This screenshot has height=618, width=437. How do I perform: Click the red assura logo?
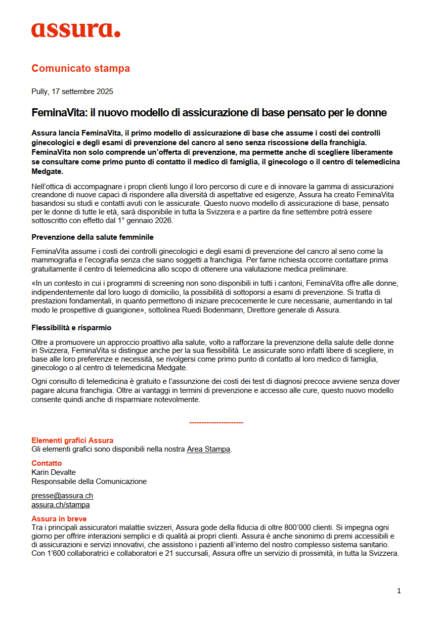pos(76,30)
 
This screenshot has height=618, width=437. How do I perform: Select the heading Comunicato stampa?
pos(80,68)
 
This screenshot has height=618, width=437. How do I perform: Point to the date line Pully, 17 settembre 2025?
pos(72,92)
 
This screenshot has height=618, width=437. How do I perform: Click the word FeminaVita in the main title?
pos(55,113)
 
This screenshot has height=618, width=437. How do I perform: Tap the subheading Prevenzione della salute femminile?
pos(93,237)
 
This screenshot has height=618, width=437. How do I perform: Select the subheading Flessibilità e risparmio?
pos(71,328)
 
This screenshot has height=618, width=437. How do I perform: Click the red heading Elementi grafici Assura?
pos(72,440)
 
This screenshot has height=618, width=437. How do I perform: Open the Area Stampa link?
pos(208,449)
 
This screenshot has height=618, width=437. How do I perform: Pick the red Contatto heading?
pos(47,463)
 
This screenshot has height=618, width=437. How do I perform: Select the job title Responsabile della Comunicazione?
pos(89,481)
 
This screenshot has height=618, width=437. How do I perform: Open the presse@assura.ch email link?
pos(62,496)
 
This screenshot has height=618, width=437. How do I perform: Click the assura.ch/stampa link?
pos(61,505)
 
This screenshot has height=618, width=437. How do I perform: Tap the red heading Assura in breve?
pos(59,519)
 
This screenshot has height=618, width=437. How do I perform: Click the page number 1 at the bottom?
pos(399,591)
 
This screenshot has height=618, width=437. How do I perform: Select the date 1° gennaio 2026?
pos(145,220)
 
